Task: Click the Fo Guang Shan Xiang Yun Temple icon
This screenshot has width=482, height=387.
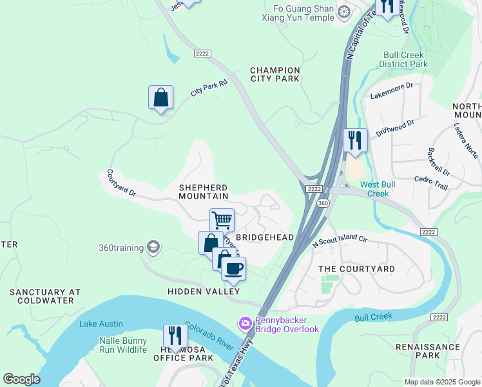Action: point(344,12)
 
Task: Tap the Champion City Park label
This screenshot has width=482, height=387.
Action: point(275,74)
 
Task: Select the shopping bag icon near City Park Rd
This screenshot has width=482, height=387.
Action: point(160,98)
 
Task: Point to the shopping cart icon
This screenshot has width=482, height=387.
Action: point(222,220)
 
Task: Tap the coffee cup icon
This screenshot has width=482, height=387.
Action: point(234,268)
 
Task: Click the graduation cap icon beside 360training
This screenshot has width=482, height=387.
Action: point(153,247)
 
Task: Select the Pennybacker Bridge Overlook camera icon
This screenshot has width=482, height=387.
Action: point(245,322)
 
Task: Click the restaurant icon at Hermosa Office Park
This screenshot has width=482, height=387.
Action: point(175,335)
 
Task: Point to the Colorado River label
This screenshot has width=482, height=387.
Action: point(209,335)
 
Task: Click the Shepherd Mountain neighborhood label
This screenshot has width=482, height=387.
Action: point(204,191)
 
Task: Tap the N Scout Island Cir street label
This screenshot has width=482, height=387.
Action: point(339,241)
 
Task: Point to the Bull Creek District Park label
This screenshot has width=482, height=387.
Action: point(405,60)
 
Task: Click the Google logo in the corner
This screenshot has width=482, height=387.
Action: point(21,379)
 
